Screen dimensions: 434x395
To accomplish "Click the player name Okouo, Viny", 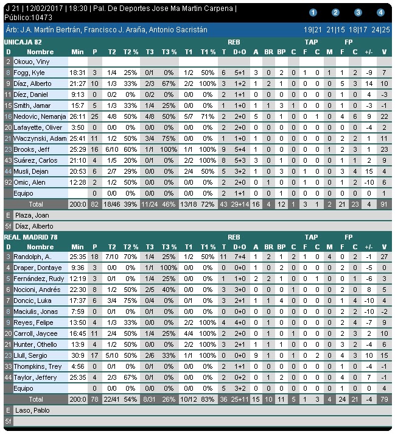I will click(x=29, y=62).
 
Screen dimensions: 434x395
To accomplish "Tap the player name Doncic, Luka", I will click(x=32, y=301).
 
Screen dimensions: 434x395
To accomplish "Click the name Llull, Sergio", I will click(x=30, y=355).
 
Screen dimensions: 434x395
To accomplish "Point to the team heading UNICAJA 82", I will click(x=23, y=41).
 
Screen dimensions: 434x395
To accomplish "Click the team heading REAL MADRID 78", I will click(x=28, y=237).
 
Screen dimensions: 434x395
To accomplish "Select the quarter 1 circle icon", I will click(x=313, y=12).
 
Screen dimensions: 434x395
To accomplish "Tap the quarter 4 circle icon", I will click(x=380, y=12).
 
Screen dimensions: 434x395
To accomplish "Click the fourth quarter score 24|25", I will click(x=381, y=29).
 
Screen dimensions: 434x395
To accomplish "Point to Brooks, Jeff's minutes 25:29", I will click(x=77, y=149).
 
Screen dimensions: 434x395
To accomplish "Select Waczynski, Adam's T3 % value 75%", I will click(x=169, y=138).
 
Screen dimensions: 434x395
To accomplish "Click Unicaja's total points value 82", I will click(x=95, y=204).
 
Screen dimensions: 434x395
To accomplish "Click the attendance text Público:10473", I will click(x=26, y=17).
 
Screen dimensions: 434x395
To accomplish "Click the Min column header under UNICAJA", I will click(x=77, y=52).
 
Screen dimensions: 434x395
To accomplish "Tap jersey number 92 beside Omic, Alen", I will click(x=8, y=182).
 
